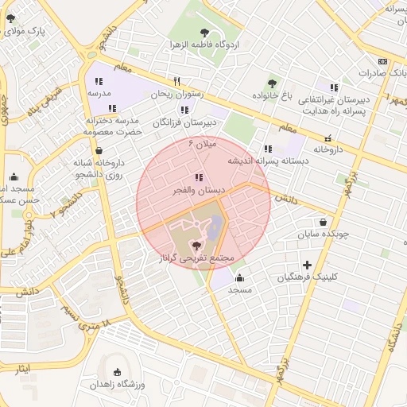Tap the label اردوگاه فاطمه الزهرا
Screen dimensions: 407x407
(205, 45)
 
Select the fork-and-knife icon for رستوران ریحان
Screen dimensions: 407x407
(177, 81)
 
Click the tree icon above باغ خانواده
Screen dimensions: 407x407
(273, 83)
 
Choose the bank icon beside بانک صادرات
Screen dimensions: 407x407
(383, 61)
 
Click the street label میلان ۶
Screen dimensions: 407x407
(202, 144)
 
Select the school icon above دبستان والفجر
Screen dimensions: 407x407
(198, 178)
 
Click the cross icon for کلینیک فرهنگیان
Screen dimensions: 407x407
(307, 264)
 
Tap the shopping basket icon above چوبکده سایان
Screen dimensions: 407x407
(323, 222)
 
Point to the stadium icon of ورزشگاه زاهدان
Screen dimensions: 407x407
(118, 372)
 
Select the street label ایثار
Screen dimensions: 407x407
(23, 370)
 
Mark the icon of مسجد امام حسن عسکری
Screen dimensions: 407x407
(14, 176)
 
